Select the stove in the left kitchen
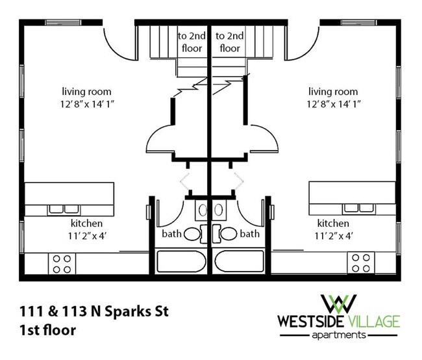click(x=62, y=263)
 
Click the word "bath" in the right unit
click(x=250, y=233)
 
